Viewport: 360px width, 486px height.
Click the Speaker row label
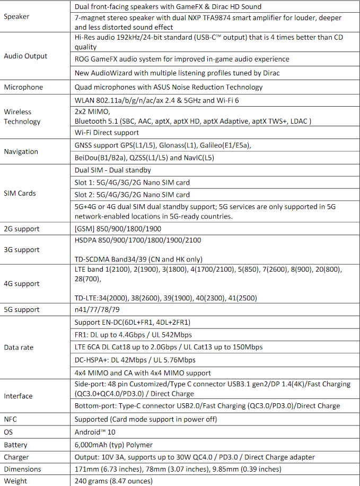(16, 16)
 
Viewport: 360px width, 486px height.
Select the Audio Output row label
(25, 56)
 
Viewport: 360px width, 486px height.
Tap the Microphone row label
(23, 87)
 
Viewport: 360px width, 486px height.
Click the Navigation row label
(21, 151)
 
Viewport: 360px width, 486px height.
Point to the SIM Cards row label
(20, 193)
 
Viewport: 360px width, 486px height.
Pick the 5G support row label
(22, 309)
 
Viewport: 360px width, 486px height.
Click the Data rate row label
(19, 348)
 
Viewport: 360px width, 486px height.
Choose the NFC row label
(11, 419)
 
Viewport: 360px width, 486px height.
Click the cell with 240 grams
(113, 481)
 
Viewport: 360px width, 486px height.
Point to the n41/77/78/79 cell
(97, 309)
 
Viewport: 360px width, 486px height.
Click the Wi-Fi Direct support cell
(107, 132)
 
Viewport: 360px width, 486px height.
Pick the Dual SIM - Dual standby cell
(113, 170)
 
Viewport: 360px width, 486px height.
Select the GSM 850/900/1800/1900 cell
(118, 229)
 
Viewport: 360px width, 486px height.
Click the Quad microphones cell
(169, 87)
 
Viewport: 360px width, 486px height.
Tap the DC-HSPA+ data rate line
(135, 360)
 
